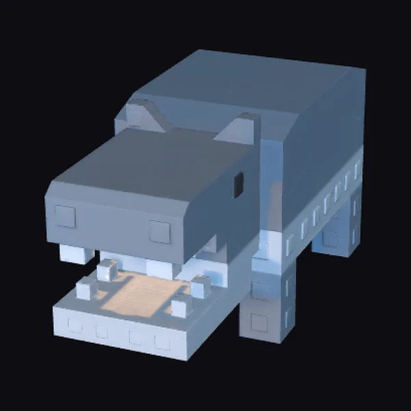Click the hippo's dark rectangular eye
point(238,185)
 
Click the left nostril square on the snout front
point(65,216)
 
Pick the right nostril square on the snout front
point(160,232)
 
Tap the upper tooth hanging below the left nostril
point(75,253)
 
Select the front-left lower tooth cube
point(86,290)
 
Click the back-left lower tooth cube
point(107,269)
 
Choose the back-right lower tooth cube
point(200,286)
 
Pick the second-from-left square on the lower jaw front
point(102,331)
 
